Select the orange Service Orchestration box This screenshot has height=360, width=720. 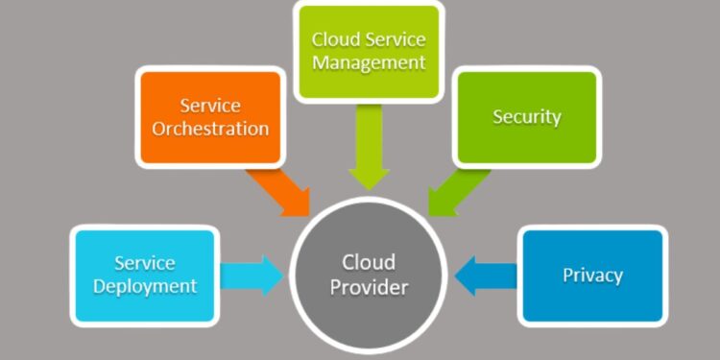210,116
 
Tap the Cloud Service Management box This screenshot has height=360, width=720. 369,52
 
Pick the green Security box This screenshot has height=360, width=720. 526,117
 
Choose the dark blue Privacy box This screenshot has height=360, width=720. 592,276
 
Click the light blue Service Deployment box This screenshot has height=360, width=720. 143,275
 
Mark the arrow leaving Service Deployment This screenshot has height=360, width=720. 252,276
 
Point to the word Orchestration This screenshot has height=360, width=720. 210,128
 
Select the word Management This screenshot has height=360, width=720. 369,63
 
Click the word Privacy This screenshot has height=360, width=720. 592,276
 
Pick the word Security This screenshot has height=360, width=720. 526,117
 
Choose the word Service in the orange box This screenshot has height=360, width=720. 209,105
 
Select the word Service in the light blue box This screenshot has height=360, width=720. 145,263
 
